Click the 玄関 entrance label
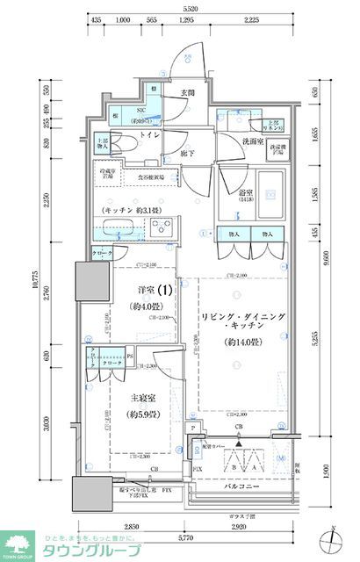coord(187,93)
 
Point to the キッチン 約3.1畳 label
coord(137,212)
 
